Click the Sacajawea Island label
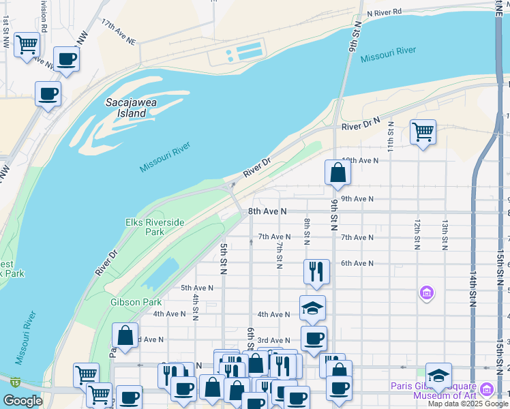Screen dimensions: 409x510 pyautogui.click(x=125, y=108)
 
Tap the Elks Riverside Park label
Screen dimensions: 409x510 pyautogui.click(x=155, y=227)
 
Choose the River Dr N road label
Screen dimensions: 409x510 pyautogui.click(x=361, y=126)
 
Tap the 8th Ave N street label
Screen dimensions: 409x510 pyautogui.click(x=267, y=212)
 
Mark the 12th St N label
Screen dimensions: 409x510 pyautogui.click(x=416, y=234)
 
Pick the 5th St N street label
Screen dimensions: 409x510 pyautogui.click(x=223, y=258)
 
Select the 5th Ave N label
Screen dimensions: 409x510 pyautogui.click(x=197, y=288)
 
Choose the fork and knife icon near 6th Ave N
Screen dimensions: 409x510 pyautogui.click(x=316, y=271)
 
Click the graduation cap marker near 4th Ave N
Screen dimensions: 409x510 pyautogui.click(x=312, y=308)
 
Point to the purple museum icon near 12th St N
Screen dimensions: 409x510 pyautogui.click(x=427, y=293)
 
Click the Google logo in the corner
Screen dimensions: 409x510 pyautogui.click(x=22, y=401)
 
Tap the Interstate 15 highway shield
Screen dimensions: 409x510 pyautogui.click(x=16, y=381)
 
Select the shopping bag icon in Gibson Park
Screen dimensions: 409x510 pyautogui.click(x=125, y=335)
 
